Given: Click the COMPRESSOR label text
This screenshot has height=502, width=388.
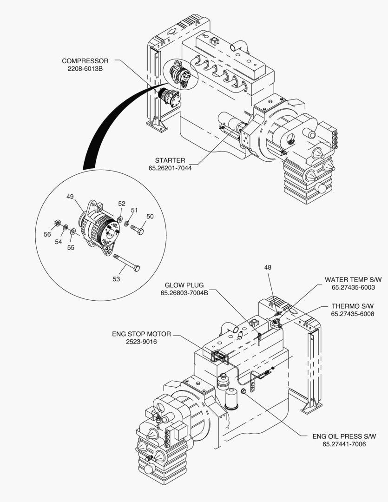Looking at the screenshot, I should (x=85, y=61).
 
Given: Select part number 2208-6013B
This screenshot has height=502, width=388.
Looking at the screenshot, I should (x=85, y=69).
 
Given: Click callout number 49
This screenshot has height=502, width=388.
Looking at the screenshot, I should (x=70, y=197).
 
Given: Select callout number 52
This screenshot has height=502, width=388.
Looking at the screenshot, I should (x=122, y=204).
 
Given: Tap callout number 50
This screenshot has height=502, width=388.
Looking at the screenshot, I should (x=150, y=216).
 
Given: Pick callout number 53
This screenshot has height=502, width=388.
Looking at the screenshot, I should (x=116, y=279).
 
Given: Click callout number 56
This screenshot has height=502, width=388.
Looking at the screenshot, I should (x=47, y=234).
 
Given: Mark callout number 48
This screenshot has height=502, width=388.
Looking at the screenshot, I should (x=268, y=267).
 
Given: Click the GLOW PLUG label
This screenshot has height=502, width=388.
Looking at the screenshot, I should (x=184, y=285).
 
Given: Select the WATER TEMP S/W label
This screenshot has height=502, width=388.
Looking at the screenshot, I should (x=353, y=279).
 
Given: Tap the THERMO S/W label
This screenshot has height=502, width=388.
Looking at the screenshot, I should (x=353, y=306).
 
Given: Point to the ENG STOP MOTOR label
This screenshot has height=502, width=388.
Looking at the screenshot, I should (x=141, y=334).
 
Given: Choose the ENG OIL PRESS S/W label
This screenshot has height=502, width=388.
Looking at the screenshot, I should (x=344, y=436).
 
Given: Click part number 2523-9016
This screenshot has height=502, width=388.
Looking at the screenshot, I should (x=141, y=342).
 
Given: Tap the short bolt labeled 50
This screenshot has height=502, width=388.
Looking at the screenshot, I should (x=137, y=229).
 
